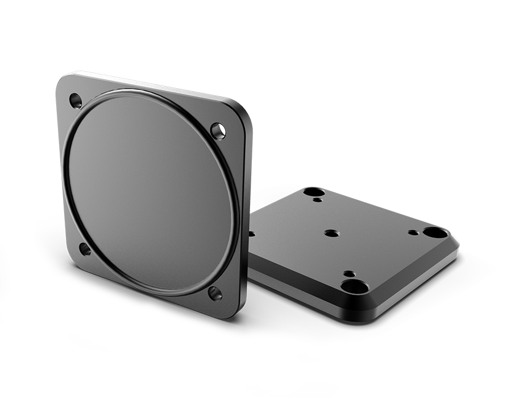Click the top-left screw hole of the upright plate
pos(76,101)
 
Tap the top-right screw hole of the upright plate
pos(218,131)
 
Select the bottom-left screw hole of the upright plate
pos(84,249)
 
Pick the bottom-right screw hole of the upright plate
pos(215,293)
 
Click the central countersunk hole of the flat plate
pos(331,233)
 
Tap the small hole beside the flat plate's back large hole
pos(318,200)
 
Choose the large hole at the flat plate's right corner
pos(435,232)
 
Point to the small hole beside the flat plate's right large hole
pos(413,232)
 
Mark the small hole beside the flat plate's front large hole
pos(346,273)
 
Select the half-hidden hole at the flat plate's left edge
pos(252,233)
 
